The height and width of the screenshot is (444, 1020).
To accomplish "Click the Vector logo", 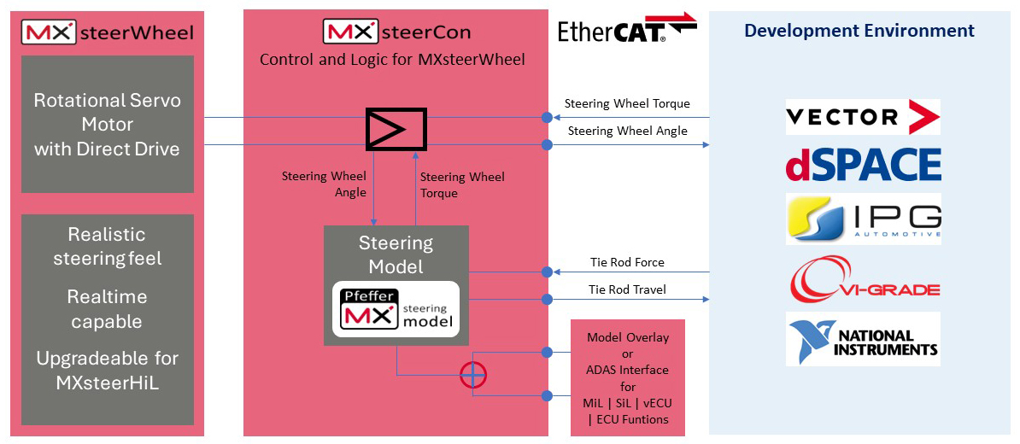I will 863,117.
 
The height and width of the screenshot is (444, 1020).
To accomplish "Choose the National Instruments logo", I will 863,339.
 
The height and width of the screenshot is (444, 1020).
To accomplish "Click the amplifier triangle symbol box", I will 396,130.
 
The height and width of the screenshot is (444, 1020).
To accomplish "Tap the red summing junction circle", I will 472,375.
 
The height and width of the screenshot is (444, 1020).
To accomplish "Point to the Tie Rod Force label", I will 627,262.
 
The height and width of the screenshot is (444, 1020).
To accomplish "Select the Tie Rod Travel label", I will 628,289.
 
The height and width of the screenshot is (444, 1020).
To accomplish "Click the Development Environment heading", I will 859,31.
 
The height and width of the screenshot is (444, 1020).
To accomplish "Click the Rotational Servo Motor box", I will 108,125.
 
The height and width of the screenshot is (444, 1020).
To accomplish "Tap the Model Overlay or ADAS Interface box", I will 628,377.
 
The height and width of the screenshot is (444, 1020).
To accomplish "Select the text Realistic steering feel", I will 108,246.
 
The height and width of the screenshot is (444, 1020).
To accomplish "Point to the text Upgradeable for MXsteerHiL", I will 108,371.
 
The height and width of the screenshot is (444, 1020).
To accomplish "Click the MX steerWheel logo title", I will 108,33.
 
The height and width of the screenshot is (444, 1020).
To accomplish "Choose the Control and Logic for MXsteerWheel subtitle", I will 392,60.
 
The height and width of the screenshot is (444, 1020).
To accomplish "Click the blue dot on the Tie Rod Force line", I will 547,272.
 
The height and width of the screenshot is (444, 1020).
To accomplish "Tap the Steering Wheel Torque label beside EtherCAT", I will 627,104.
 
